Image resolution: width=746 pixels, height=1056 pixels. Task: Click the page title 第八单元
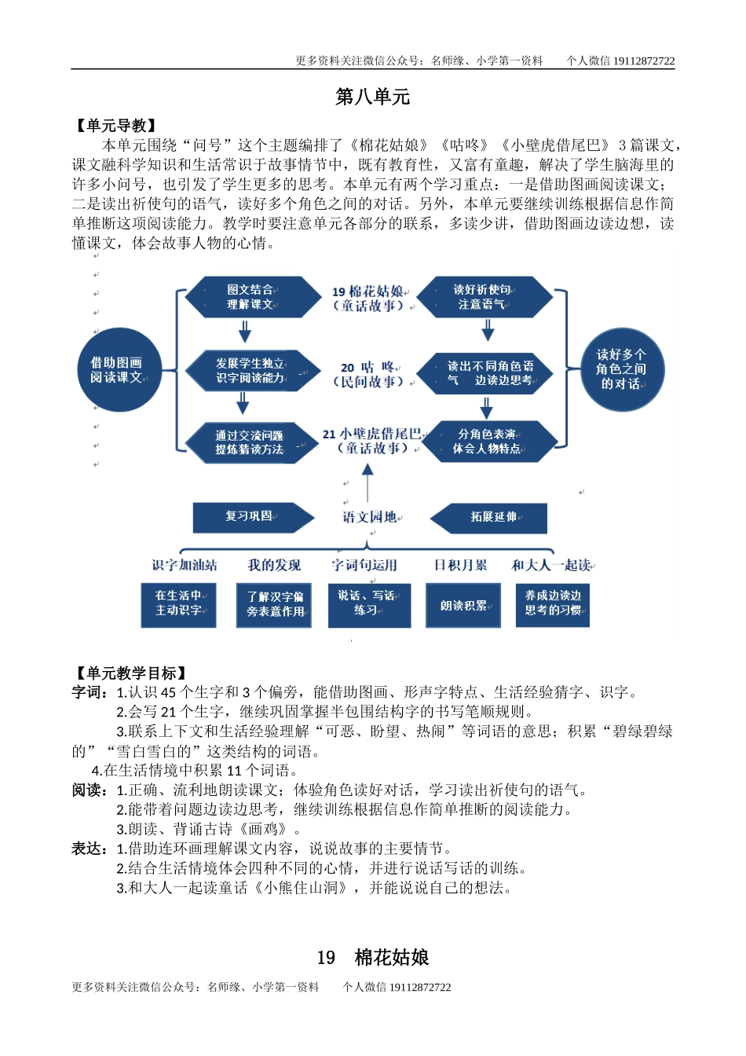[372, 97]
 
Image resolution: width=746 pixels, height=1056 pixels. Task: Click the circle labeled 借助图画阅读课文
[115, 370]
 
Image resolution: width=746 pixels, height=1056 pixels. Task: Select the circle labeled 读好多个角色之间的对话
[620, 369]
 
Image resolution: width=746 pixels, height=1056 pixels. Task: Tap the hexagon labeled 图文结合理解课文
[250, 297]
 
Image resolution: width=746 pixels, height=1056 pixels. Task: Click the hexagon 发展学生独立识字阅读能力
[250, 371]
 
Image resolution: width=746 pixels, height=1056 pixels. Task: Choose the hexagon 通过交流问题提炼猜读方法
[250, 442]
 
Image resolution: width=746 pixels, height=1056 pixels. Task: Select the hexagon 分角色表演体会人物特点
[487, 442]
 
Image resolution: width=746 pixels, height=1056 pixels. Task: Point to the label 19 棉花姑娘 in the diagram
[368, 299]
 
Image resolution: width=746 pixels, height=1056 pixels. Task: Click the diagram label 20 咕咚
[368, 374]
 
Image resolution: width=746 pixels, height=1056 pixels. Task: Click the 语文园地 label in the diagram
[370, 517]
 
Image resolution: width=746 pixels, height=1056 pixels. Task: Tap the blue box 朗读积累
[463, 606]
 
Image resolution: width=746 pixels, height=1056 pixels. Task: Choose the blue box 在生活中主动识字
[179, 603]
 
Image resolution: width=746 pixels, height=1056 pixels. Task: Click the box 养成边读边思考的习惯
[553, 603]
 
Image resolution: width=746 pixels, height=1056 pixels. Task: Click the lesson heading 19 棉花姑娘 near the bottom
[373, 957]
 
